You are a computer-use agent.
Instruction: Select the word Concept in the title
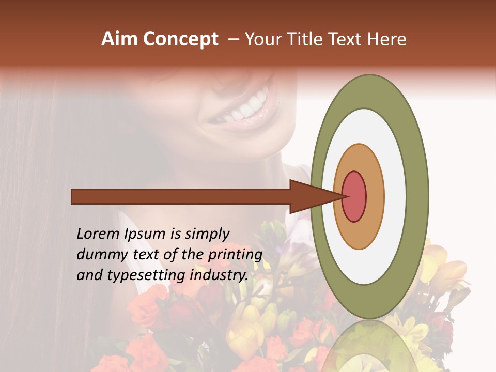pos(180,40)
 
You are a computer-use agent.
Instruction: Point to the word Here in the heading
pos(388,39)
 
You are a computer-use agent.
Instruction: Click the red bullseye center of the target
pos(354,196)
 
